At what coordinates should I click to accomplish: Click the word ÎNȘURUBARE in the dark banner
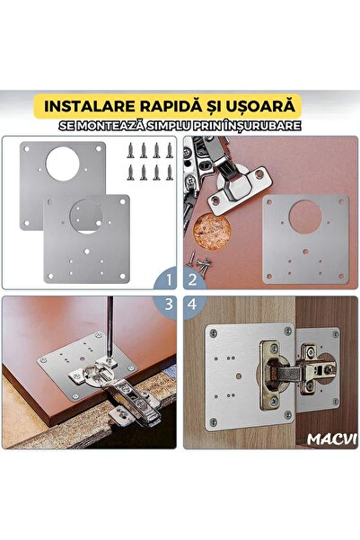point(259,126)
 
